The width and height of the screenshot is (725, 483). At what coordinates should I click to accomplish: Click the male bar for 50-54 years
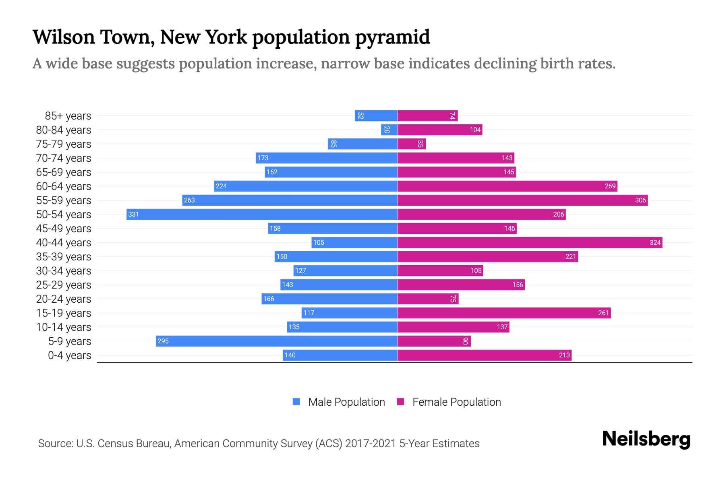(262, 214)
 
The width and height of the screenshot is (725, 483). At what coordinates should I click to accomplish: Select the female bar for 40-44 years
(530, 242)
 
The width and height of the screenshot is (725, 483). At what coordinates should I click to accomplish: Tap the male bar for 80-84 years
(389, 130)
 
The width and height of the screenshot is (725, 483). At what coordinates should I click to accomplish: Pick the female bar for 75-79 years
(411, 144)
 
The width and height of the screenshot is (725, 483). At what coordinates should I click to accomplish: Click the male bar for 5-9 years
(277, 341)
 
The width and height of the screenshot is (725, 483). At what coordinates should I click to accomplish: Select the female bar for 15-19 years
(504, 313)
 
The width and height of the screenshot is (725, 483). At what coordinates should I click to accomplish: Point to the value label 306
(640, 200)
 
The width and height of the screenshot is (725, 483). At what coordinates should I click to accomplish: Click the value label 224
(221, 186)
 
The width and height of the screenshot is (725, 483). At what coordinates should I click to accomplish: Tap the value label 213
(564, 355)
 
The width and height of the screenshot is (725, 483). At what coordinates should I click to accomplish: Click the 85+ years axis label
(68, 116)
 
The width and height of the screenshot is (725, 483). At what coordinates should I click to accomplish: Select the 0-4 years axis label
(69, 355)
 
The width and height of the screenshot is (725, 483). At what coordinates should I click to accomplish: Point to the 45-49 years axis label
(64, 229)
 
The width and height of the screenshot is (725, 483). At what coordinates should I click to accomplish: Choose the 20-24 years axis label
(64, 299)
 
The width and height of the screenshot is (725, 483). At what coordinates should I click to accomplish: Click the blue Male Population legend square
(296, 402)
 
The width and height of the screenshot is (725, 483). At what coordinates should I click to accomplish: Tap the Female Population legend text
(456, 402)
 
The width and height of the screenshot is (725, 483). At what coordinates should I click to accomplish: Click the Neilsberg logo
(646, 439)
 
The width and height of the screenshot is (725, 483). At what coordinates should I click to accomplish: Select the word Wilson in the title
(63, 37)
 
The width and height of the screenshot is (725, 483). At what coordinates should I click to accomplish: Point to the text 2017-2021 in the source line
(370, 444)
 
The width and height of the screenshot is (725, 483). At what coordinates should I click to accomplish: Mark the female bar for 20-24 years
(428, 299)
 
